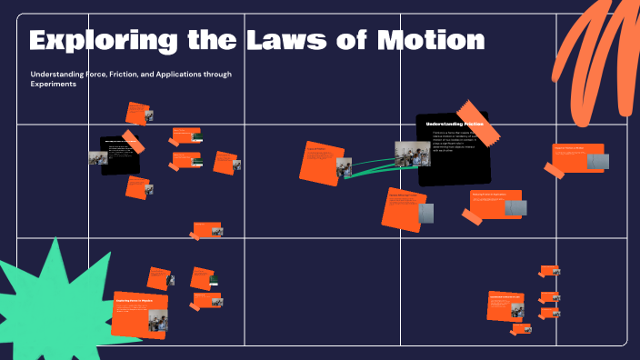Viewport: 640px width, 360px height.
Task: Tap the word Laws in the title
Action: pyautogui.click(x=289, y=41)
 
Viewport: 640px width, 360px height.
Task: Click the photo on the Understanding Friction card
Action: pyautogui.click(x=412, y=154)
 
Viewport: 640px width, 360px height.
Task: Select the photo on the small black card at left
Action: pyautogui.click(x=97, y=157)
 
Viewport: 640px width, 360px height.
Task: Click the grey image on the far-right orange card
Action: pyautogui.click(x=596, y=161)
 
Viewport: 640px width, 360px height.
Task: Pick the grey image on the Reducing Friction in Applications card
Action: pyautogui.click(x=514, y=208)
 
